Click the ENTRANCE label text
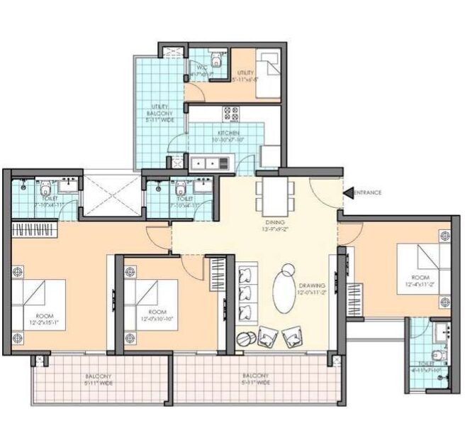pos(368,192)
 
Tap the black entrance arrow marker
pos(347,192)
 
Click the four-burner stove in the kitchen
pos(231,114)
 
